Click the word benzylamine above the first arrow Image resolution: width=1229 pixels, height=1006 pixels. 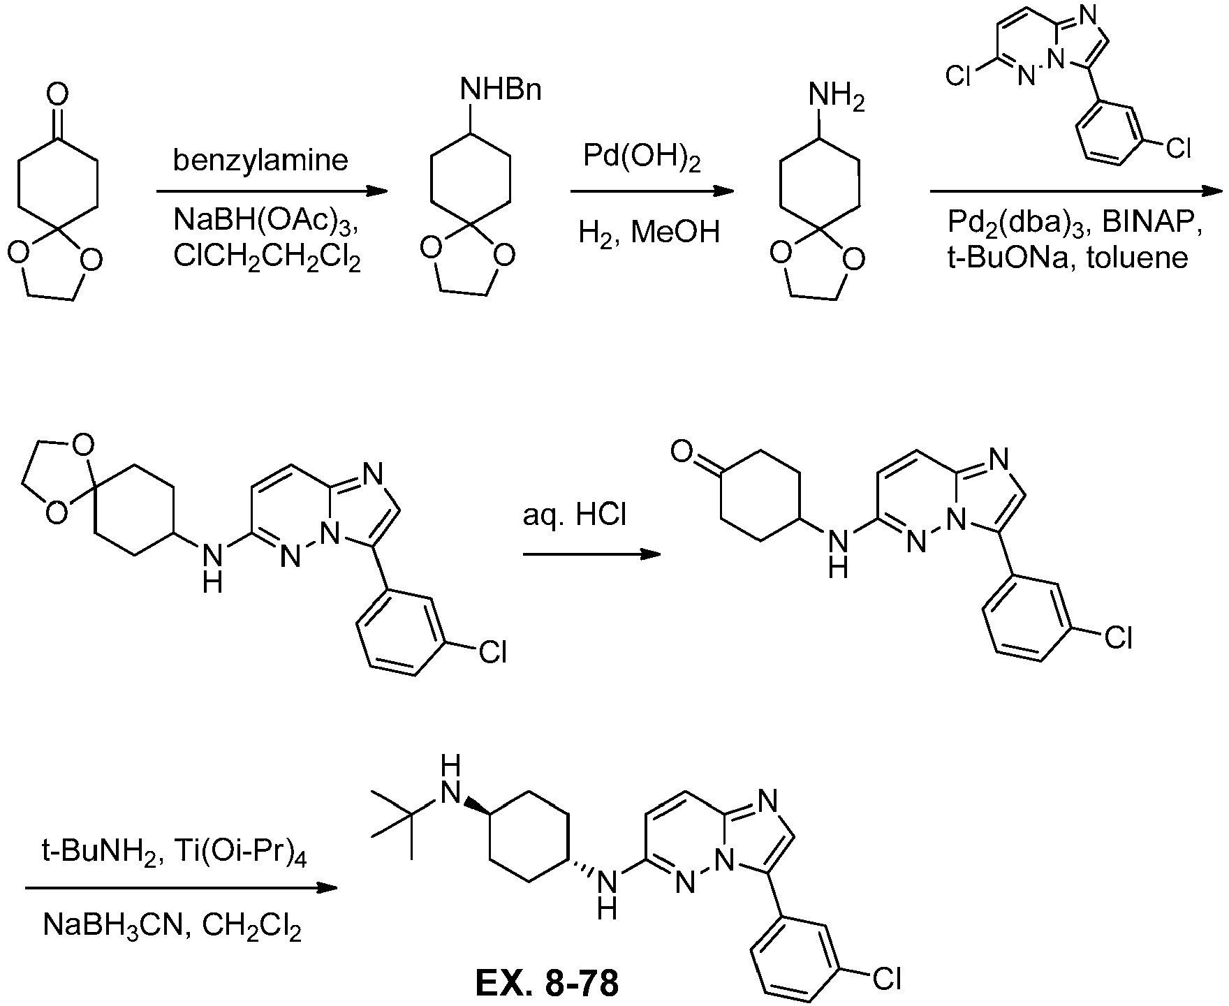[260, 161]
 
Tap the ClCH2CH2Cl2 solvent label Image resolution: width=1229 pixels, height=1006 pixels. [267, 258]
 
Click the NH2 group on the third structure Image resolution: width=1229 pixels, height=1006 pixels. [836, 96]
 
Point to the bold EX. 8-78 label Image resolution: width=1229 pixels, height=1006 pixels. [547, 984]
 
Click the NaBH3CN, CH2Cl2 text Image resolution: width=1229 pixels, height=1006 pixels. [172, 928]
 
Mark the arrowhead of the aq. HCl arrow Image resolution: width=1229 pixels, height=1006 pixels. [651, 554]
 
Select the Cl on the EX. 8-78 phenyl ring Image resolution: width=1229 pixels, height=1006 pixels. [887, 981]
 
